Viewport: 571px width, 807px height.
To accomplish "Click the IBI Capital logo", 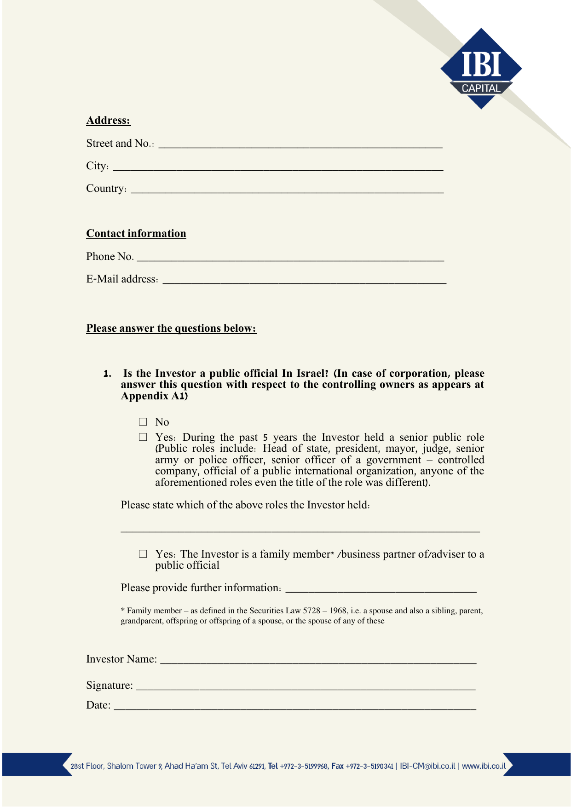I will pyautogui.click(x=481, y=69).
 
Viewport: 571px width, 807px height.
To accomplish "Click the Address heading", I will pyautogui.click(x=108, y=121).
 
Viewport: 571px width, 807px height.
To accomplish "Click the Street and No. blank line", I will pyautogui.click(x=300, y=144).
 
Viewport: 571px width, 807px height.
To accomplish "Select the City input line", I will pyautogui.click(x=278, y=167).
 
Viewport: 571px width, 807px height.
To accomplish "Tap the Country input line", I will pyautogui.click(x=287, y=190).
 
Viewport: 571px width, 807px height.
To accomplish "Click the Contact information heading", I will pyautogui.click(x=136, y=234).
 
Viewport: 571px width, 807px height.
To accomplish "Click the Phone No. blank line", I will pyautogui.click(x=290, y=258).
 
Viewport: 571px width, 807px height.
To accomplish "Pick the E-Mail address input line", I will pyautogui.click(x=305, y=280).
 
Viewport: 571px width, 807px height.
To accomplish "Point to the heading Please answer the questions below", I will pyautogui.click(x=171, y=329).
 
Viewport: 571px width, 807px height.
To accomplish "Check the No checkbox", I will pyautogui.click(x=143, y=422).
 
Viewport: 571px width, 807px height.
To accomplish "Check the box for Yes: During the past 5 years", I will pyautogui.click(x=143, y=437).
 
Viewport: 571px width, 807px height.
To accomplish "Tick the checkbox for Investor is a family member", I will pyautogui.click(x=143, y=554).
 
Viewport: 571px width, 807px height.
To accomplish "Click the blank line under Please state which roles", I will pyautogui.click(x=300, y=529).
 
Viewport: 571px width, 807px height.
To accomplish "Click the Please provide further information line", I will pyautogui.click(x=381, y=589).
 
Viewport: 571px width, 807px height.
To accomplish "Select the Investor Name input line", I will pyautogui.click(x=318, y=660).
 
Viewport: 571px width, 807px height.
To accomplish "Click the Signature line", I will pyautogui.click(x=306, y=686).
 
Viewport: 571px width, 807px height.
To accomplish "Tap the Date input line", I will pyautogui.click(x=294, y=706).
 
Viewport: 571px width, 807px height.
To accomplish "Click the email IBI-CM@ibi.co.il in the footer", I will pyautogui.click(x=427, y=766).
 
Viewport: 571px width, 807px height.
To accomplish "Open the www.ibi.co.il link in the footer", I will pyautogui.click(x=484, y=766).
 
